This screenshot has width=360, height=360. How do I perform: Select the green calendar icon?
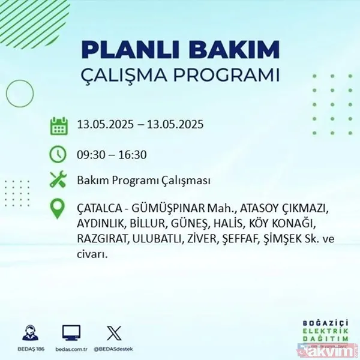point(58,126)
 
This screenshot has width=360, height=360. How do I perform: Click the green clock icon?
point(58,154)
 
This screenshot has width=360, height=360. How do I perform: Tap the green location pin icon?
point(58,209)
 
